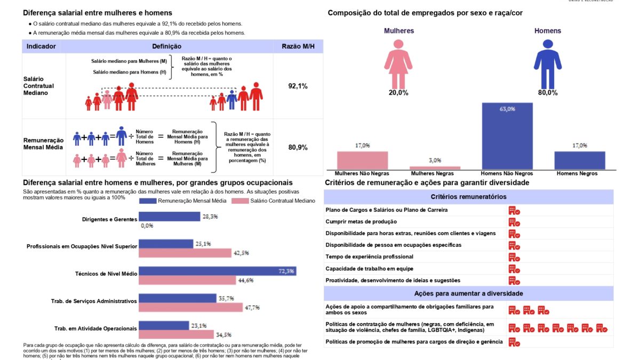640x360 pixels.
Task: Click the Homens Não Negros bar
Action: (x=507, y=135)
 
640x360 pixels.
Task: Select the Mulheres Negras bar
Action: (x=435, y=167)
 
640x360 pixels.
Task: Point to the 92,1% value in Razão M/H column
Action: (x=298, y=86)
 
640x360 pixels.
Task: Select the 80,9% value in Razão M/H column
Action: (x=298, y=147)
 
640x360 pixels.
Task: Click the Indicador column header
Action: (x=41, y=46)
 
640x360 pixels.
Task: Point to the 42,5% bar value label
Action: (x=241, y=253)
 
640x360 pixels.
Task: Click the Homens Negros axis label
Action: (x=577, y=173)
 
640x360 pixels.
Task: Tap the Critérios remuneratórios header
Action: (x=468, y=197)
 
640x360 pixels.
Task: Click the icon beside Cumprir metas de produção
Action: (x=514, y=222)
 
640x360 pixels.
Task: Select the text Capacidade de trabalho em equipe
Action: (x=369, y=269)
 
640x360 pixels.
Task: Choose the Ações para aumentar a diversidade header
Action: (x=468, y=293)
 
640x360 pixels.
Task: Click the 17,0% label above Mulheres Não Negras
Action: (x=362, y=145)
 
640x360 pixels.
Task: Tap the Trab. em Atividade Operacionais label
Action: (x=95, y=329)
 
